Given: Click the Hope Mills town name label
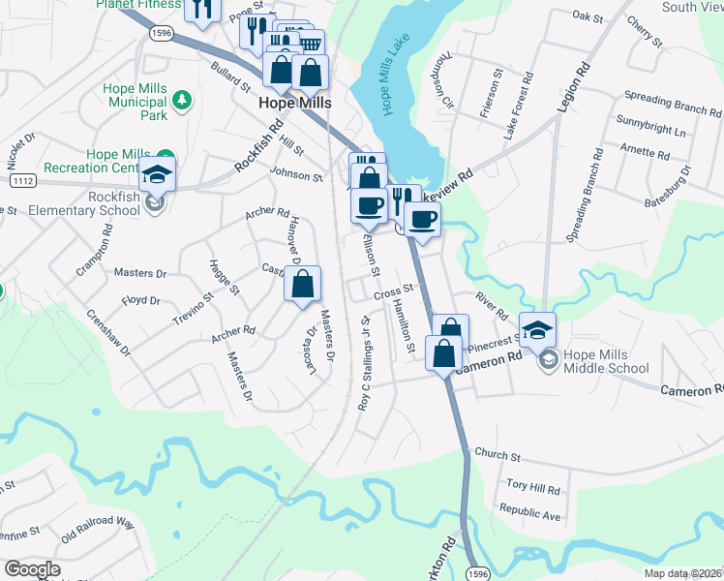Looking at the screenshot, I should pos(295,103).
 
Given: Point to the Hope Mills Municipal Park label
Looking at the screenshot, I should pos(136,102).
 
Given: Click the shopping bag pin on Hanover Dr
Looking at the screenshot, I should pos(303,284).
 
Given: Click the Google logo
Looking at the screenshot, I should pos(32,569).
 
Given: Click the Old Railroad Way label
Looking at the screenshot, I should pos(97,529).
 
